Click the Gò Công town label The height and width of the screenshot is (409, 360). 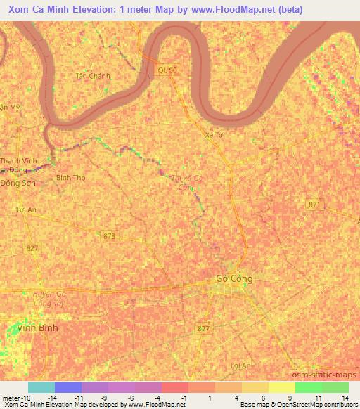233,279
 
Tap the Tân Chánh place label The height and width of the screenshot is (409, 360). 94,76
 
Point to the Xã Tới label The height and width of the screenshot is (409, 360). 214,134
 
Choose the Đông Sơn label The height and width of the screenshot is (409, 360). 18,182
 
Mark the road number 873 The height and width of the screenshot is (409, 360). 108,236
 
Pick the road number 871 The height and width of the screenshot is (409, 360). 314,204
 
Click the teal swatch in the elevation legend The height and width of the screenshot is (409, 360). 41,387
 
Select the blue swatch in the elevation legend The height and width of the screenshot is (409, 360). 67,387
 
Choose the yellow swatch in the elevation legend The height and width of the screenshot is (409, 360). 281,387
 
